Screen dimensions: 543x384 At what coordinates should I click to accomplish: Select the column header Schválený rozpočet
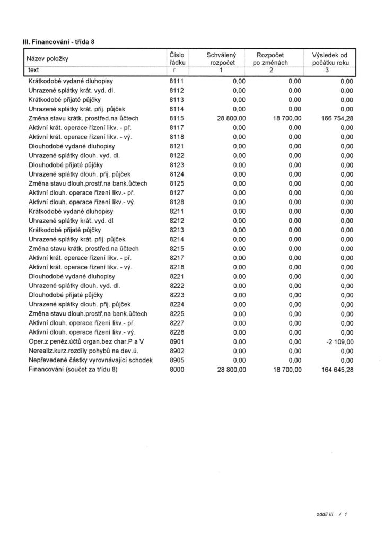[222, 58]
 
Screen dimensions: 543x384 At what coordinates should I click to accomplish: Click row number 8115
[176, 118]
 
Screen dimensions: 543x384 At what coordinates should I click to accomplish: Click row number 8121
[176, 146]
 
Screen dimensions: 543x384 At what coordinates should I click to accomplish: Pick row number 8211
[176, 211]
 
